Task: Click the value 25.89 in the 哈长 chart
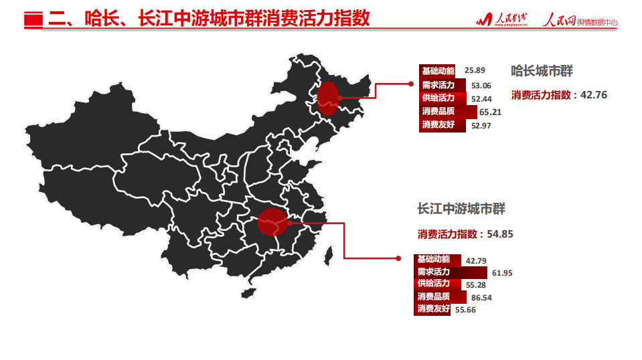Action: click(x=474, y=70)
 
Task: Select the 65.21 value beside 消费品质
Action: click(x=491, y=112)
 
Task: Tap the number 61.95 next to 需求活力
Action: click(x=501, y=273)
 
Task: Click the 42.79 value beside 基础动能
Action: click(x=475, y=260)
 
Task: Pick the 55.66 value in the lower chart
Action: click(x=465, y=310)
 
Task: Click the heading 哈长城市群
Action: click(x=542, y=71)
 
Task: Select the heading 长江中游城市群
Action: click(x=461, y=209)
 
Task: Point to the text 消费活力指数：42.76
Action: click(x=559, y=95)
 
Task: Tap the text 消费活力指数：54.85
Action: click(x=465, y=234)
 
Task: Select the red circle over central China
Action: click(x=272, y=222)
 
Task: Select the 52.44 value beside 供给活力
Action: click(x=481, y=99)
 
